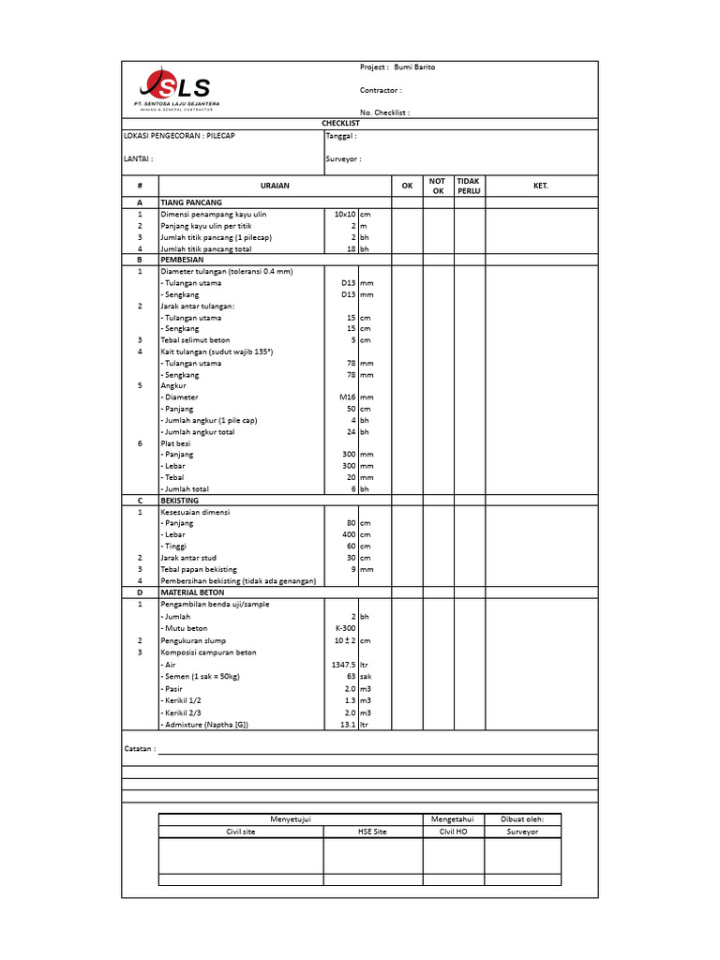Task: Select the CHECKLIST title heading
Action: (x=340, y=123)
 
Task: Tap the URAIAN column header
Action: (x=275, y=186)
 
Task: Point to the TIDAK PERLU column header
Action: (x=468, y=186)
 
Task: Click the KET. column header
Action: (x=540, y=186)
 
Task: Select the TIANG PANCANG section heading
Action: (x=191, y=202)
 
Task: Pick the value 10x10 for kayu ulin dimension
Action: (x=345, y=215)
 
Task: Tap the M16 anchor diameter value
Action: (x=348, y=397)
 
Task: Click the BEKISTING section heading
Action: (x=179, y=501)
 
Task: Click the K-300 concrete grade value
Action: (x=346, y=628)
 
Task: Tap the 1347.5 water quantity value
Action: (x=343, y=664)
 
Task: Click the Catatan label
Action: (x=140, y=750)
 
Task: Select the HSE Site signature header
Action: (x=372, y=832)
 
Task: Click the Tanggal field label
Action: (x=340, y=136)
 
